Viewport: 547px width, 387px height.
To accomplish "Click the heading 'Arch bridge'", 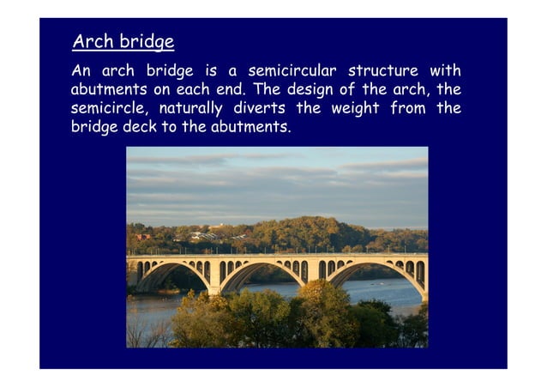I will pyautogui.click(x=123, y=41).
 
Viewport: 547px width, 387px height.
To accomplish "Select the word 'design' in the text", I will pyautogui.click(x=310, y=89).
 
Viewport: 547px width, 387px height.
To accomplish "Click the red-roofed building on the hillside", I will pyautogui.click(x=142, y=237).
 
